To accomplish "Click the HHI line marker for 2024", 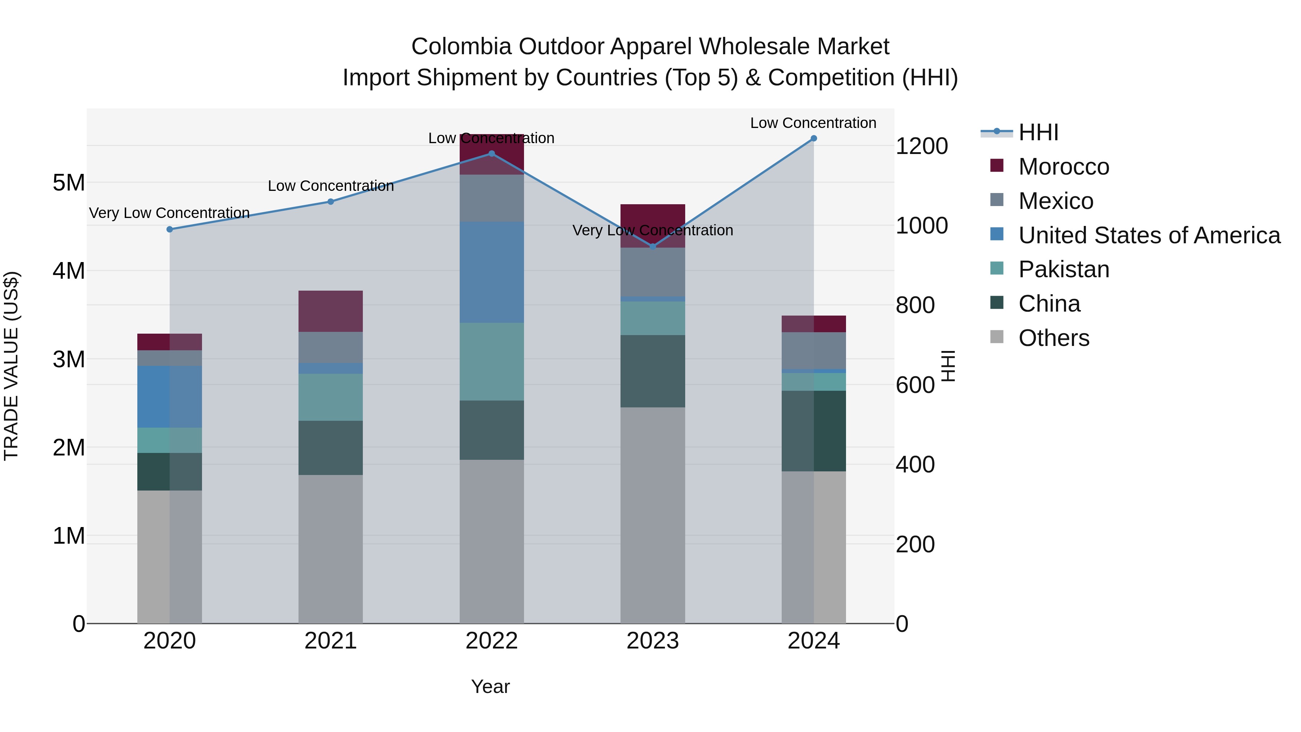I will click(x=813, y=138).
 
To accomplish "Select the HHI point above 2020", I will click(x=170, y=229).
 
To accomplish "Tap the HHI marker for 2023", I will click(x=653, y=247).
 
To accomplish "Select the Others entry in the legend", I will click(x=1053, y=338).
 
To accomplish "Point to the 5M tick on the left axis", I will click(x=69, y=183).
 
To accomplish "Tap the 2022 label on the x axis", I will click(x=491, y=641).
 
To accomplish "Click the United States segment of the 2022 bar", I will click(x=491, y=272).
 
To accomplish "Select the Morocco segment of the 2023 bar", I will click(x=653, y=225).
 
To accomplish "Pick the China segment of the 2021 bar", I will click(x=330, y=448).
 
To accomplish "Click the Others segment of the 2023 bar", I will click(x=653, y=515).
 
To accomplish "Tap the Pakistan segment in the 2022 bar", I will click(x=491, y=362).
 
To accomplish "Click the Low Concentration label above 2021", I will click(x=330, y=186).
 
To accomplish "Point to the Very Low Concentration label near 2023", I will click(x=653, y=230).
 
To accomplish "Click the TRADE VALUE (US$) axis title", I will click(x=12, y=366).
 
